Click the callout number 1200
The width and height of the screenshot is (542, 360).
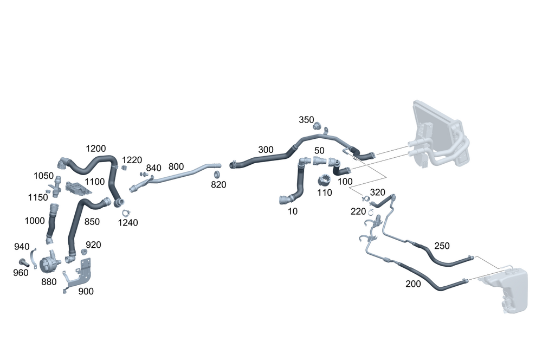point(96,149)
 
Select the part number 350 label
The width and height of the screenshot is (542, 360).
point(306,119)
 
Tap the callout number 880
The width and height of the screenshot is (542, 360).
point(48,281)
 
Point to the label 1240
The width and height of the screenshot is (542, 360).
point(128,222)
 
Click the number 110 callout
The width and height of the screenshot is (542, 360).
point(325,192)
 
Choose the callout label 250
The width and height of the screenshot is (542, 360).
point(442,246)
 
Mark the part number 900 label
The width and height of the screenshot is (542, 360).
point(86,291)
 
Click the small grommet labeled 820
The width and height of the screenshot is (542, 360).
point(216,175)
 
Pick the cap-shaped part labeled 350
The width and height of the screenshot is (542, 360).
point(318,126)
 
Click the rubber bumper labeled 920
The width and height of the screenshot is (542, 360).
point(84,253)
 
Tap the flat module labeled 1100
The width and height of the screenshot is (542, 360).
point(76,188)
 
